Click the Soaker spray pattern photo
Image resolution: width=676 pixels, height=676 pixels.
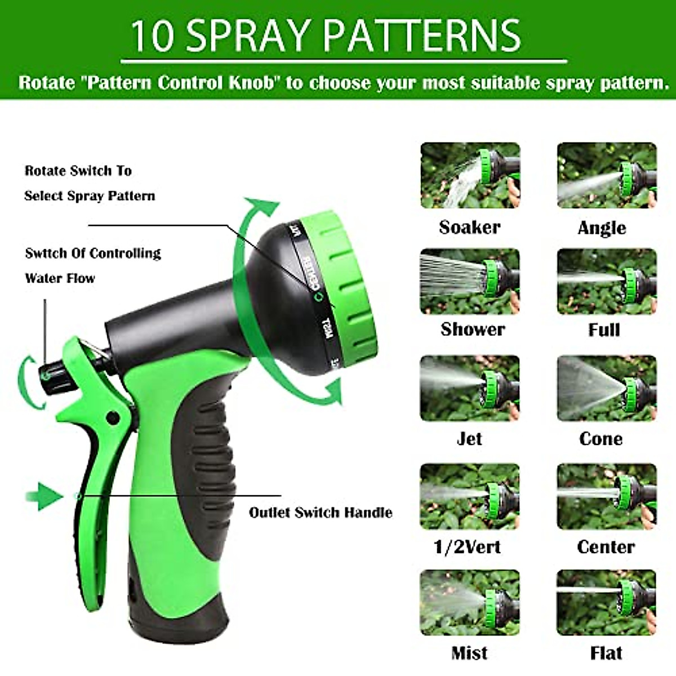(x=470, y=175)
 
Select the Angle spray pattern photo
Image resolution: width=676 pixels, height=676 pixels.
(x=607, y=175)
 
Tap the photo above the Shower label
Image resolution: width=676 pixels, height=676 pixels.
(x=470, y=281)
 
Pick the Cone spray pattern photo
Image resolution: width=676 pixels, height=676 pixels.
(x=607, y=388)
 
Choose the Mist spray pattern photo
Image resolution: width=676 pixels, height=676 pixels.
(x=470, y=602)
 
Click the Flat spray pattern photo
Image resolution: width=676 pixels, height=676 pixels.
(x=607, y=602)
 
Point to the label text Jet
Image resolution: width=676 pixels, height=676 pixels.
(x=469, y=438)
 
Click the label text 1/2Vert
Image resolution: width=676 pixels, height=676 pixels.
(x=467, y=546)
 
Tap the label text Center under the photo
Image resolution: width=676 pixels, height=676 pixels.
(x=606, y=546)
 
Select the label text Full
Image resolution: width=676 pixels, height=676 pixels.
(x=604, y=330)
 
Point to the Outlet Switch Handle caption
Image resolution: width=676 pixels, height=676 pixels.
(x=320, y=513)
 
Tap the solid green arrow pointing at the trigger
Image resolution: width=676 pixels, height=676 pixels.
(x=50, y=496)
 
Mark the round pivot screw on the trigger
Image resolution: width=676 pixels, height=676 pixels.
(x=113, y=418)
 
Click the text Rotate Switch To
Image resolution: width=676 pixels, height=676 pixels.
(x=78, y=171)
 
